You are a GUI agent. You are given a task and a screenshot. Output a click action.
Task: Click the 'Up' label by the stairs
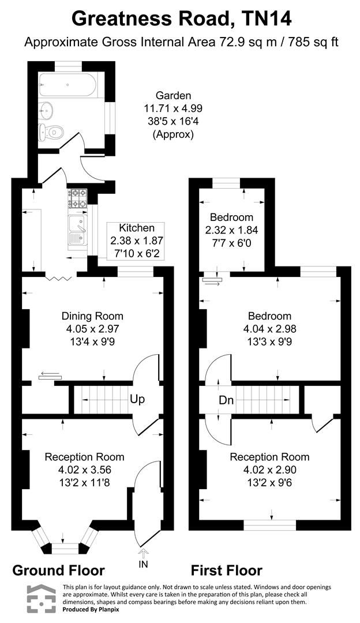pos(137,399)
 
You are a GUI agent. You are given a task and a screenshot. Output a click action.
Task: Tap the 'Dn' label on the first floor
pos(226,400)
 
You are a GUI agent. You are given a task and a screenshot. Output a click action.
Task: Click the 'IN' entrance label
pos(143,563)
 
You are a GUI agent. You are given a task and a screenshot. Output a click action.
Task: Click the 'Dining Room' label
pos(92,316)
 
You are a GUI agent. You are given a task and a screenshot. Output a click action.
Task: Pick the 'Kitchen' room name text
pos(136,228)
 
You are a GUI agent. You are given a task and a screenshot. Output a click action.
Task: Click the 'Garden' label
pos(173,96)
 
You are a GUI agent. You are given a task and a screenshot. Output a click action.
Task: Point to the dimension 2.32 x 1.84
pos(231,230)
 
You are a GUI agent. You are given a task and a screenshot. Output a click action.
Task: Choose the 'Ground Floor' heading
pos(58,571)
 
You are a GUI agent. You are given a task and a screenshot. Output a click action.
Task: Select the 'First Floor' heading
pos(226,571)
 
